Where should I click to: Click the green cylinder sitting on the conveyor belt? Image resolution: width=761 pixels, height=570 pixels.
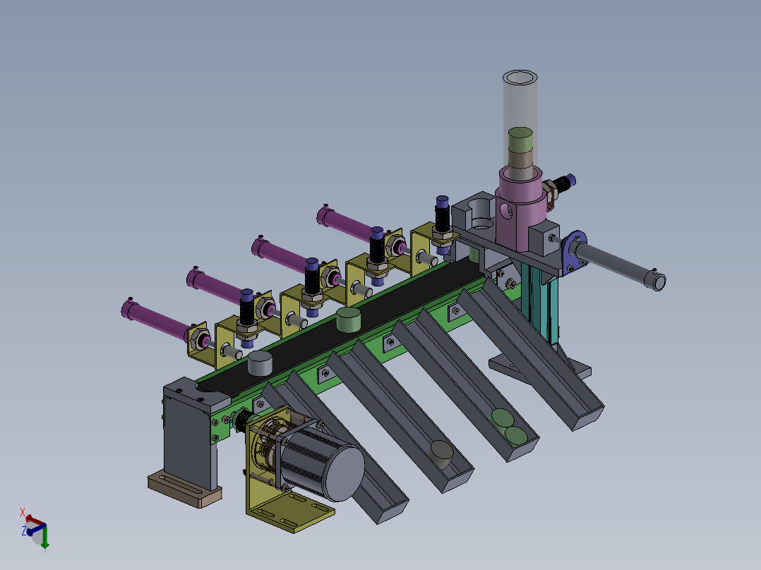(349, 320)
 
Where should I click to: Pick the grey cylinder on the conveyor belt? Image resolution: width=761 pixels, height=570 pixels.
(260, 364)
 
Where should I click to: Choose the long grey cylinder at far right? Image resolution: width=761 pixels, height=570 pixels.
(621, 267)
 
